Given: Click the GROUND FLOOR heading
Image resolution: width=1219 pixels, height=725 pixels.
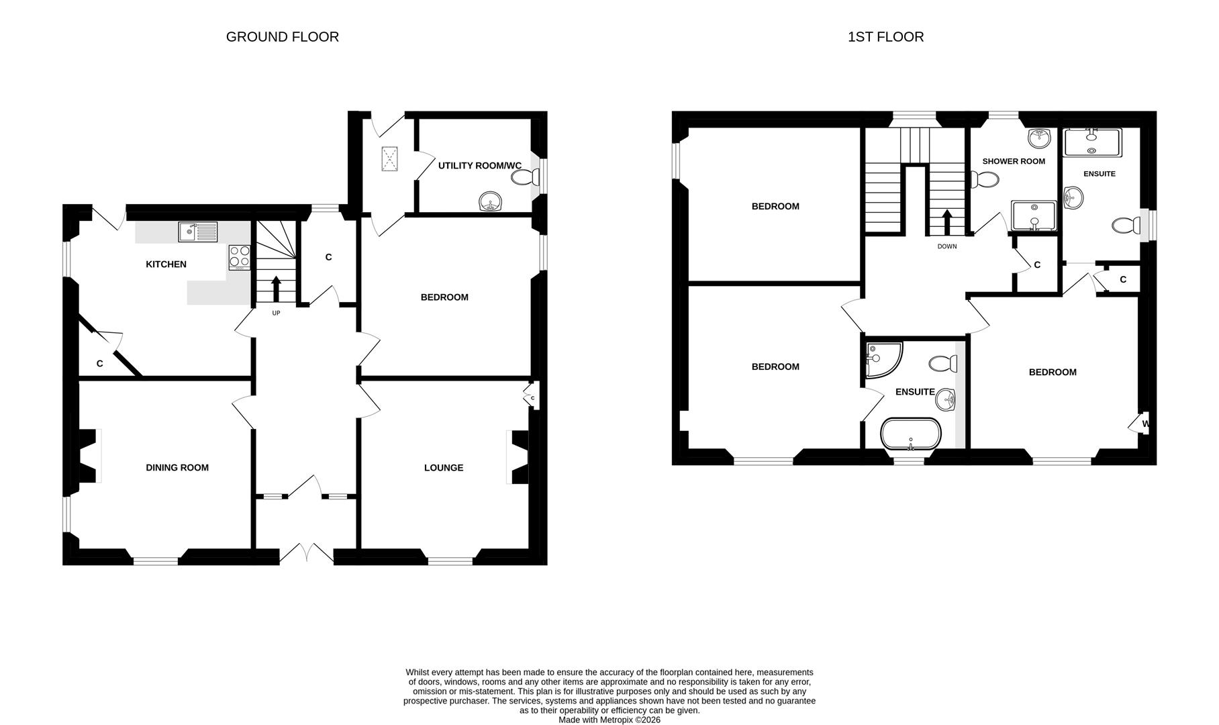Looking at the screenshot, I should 282,37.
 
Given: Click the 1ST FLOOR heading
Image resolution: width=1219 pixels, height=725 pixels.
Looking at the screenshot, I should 885,37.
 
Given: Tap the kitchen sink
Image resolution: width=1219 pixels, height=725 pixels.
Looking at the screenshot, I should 197,232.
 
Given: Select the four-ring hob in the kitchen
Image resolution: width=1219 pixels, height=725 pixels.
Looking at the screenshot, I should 240,256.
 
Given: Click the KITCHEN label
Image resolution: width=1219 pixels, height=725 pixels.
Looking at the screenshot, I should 166,264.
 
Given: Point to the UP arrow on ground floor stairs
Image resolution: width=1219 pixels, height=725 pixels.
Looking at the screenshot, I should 276,289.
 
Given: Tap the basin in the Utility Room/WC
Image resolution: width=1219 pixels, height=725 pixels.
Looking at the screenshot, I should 491,201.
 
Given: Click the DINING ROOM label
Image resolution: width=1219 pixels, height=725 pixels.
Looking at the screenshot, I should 177,468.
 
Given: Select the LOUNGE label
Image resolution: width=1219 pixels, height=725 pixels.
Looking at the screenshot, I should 444,468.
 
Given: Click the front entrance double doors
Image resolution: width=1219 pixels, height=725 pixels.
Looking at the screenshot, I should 306,553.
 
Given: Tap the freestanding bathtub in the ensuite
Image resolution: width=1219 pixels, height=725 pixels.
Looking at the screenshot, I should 911,434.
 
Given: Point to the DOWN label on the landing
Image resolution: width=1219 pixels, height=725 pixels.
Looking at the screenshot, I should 947,246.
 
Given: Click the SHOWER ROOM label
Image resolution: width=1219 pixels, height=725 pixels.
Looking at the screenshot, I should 1014,161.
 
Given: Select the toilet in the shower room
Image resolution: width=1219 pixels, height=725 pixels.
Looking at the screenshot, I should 984,180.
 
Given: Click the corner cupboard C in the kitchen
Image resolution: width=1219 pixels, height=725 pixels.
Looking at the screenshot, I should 100,363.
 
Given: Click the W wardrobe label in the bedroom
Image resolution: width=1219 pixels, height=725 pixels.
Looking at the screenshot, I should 1145,424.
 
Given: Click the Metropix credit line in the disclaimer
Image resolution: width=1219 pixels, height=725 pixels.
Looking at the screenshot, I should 609,720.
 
